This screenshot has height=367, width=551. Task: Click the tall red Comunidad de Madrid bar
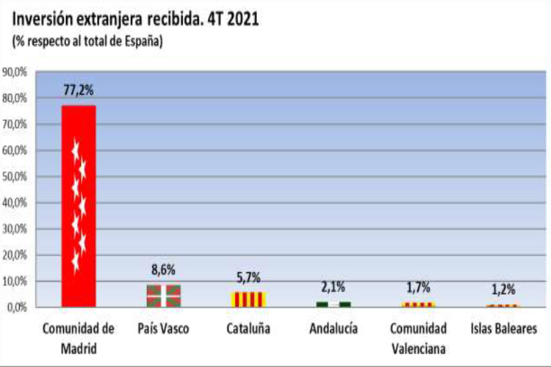coord(78,206)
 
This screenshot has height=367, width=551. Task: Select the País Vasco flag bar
coord(163,296)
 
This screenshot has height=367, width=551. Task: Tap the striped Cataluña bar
coord(248,299)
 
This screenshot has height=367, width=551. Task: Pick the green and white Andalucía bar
coord(333,304)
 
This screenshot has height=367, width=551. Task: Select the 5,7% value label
coord(248,280)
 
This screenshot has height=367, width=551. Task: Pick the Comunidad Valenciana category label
coord(417,336)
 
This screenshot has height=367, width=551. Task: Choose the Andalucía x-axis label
coord(333,328)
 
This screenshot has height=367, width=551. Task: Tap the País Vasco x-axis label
coord(163,328)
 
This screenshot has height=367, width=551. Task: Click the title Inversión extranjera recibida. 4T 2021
coord(135,18)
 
